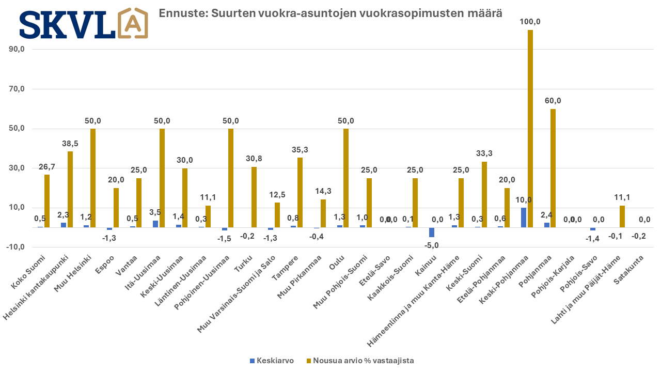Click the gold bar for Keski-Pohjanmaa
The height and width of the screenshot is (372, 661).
click(530, 129)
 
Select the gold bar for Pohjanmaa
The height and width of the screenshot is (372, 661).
click(553, 168)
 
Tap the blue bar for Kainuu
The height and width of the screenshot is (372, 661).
click(432, 232)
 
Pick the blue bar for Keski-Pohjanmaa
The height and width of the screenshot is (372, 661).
click(524, 218)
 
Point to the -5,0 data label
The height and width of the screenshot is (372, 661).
click(432, 245)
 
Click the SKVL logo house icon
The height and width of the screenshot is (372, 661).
click(133, 23)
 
